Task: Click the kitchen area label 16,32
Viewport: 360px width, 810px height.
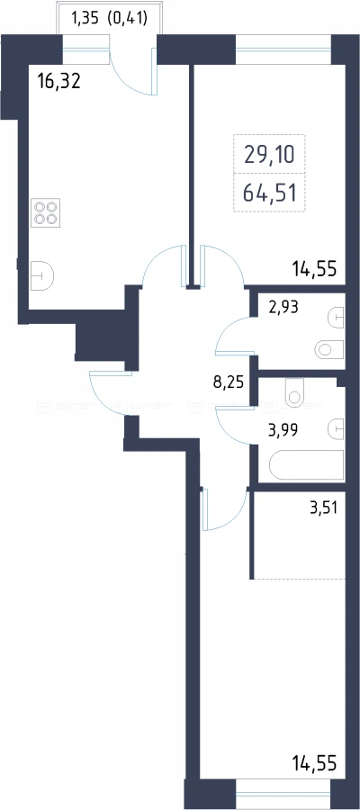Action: [59, 81]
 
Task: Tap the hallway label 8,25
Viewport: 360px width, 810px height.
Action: [229, 383]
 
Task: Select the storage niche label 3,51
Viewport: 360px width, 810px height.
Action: [322, 508]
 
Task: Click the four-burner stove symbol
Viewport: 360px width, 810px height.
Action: [46, 212]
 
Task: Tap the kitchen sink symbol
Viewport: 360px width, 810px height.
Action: [41, 277]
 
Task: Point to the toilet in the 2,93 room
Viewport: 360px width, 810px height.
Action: [329, 350]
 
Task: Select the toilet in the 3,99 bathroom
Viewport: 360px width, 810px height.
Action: [294, 392]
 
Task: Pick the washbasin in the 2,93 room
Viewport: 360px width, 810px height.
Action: [336, 316]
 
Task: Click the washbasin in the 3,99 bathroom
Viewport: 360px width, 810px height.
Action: [336, 428]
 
